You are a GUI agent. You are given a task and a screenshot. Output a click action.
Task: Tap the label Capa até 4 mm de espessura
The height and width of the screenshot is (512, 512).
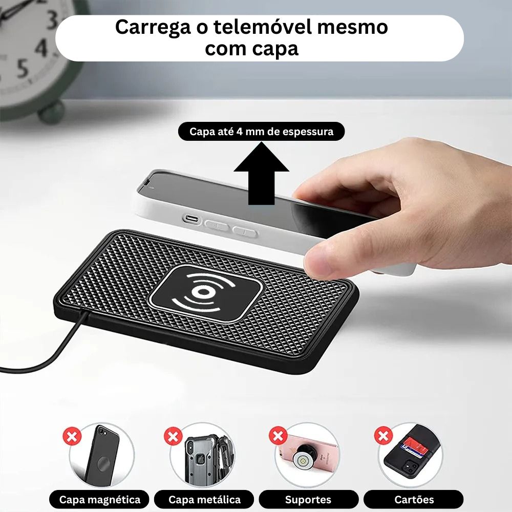(x=261, y=132)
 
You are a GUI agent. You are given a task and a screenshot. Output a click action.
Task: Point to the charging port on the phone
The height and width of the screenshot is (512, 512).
(x=191, y=219)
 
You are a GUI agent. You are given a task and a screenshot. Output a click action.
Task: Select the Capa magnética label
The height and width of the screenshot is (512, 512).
(x=100, y=499)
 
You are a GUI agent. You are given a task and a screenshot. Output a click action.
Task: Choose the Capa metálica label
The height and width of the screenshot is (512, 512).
(x=204, y=499)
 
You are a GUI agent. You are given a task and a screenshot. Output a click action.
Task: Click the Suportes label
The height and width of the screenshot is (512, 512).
(x=308, y=499)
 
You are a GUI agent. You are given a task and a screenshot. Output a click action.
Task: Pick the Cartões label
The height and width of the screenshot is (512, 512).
(x=414, y=499)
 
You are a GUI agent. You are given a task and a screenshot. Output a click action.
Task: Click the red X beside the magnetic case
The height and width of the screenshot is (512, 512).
(x=72, y=437)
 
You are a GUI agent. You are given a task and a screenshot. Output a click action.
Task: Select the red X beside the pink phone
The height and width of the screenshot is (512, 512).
(x=278, y=436)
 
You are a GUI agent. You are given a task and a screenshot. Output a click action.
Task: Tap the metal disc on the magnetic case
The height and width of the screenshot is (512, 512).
(x=103, y=464)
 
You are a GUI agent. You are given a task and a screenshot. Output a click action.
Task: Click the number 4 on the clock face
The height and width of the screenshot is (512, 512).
(x=41, y=49)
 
